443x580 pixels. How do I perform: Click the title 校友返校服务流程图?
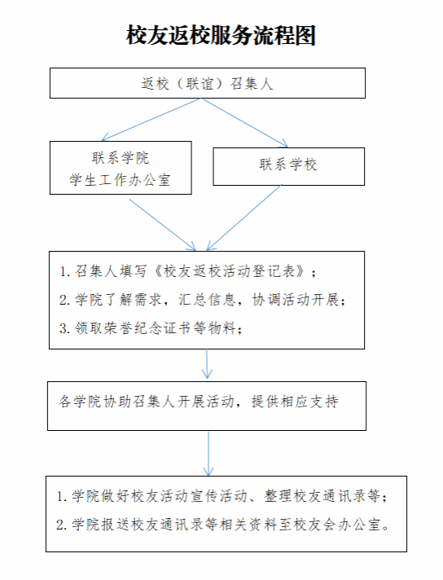(x=221, y=36)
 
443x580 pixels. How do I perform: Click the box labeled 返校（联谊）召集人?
(x=208, y=83)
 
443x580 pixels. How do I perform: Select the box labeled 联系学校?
(x=289, y=166)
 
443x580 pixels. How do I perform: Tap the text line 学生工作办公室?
(x=121, y=180)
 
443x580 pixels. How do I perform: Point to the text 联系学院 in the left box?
(x=121, y=158)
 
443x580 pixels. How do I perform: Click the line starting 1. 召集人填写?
(x=188, y=271)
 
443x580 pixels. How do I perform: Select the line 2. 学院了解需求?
(x=203, y=299)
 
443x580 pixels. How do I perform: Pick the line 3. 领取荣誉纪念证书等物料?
(x=151, y=327)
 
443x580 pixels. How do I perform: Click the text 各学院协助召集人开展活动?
(x=147, y=401)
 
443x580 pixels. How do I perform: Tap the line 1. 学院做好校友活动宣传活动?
(x=221, y=495)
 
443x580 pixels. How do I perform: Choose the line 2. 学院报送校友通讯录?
(x=223, y=525)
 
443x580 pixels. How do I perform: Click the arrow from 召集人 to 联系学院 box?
(x=151, y=120)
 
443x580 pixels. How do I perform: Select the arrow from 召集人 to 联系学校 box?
(x=245, y=123)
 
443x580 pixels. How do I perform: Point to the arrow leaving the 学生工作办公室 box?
(x=162, y=225)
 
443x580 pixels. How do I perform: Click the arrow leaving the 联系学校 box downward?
(x=243, y=217)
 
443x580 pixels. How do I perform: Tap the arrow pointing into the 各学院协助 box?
(x=207, y=364)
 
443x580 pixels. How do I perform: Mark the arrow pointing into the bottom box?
(x=208, y=454)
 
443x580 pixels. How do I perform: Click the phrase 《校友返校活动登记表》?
(x=230, y=271)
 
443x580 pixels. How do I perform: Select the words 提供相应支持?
(x=295, y=401)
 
